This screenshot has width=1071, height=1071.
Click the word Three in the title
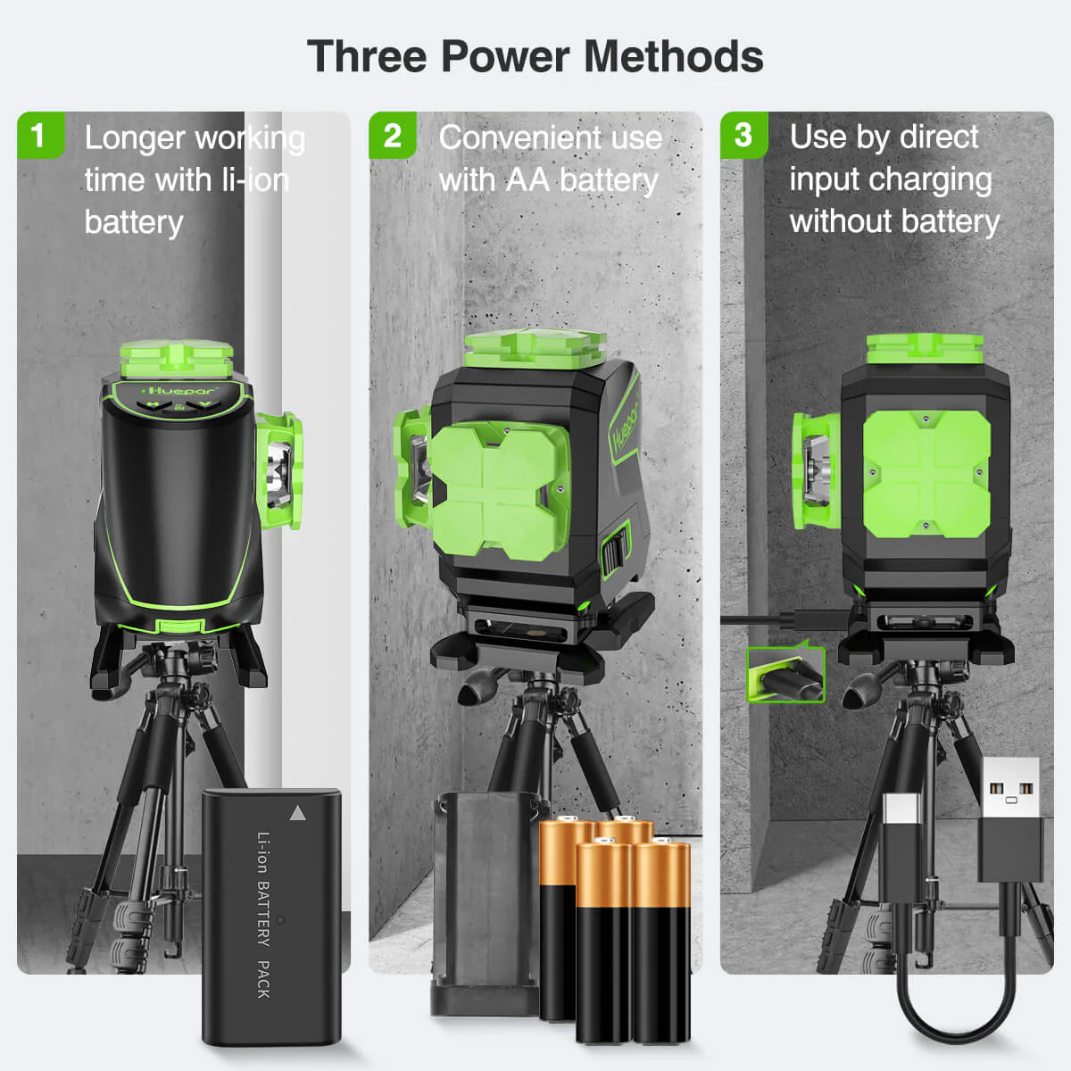click(367, 57)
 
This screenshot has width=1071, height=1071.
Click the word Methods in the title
click(674, 57)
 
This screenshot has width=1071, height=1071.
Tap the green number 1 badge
click(40, 135)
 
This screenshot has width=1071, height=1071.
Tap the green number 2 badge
click(393, 135)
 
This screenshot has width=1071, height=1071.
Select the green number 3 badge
click(743, 135)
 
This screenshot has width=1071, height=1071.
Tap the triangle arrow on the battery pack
click(298, 813)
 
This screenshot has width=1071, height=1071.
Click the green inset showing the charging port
click(785, 674)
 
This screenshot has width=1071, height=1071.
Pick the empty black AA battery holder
click(485, 904)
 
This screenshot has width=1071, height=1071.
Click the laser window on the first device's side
click(279, 472)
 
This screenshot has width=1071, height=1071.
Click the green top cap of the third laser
click(925, 349)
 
